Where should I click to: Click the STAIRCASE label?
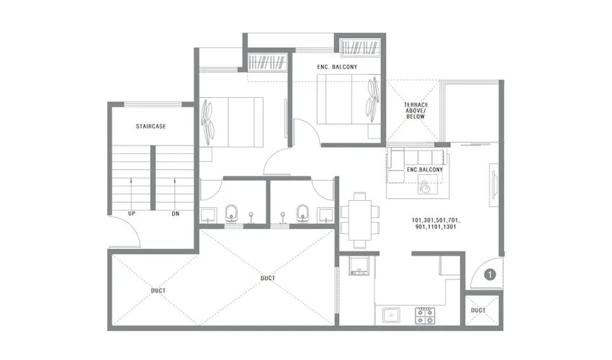click(x=151, y=126)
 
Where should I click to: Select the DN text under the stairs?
click(x=176, y=214)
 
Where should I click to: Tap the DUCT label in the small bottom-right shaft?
click(x=478, y=310)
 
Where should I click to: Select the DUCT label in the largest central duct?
click(x=268, y=278)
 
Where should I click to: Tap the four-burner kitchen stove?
click(x=425, y=315)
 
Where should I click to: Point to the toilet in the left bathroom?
click(x=232, y=212)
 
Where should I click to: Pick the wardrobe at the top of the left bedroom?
click(x=268, y=62)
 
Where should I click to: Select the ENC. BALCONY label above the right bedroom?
click(x=338, y=67)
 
